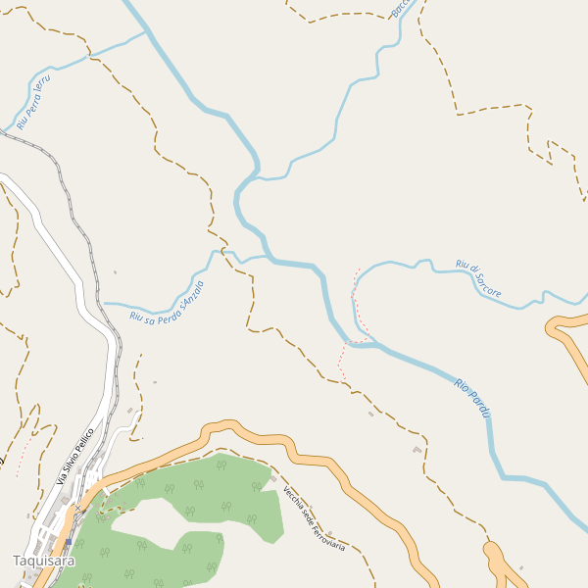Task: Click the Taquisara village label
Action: (43, 561)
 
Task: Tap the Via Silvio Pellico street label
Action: (74, 457)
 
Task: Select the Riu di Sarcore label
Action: (478, 279)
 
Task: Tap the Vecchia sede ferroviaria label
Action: (314, 518)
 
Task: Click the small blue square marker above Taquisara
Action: (69, 540)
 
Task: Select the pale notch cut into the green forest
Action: (147, 524)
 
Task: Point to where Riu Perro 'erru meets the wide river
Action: (147, 31)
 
